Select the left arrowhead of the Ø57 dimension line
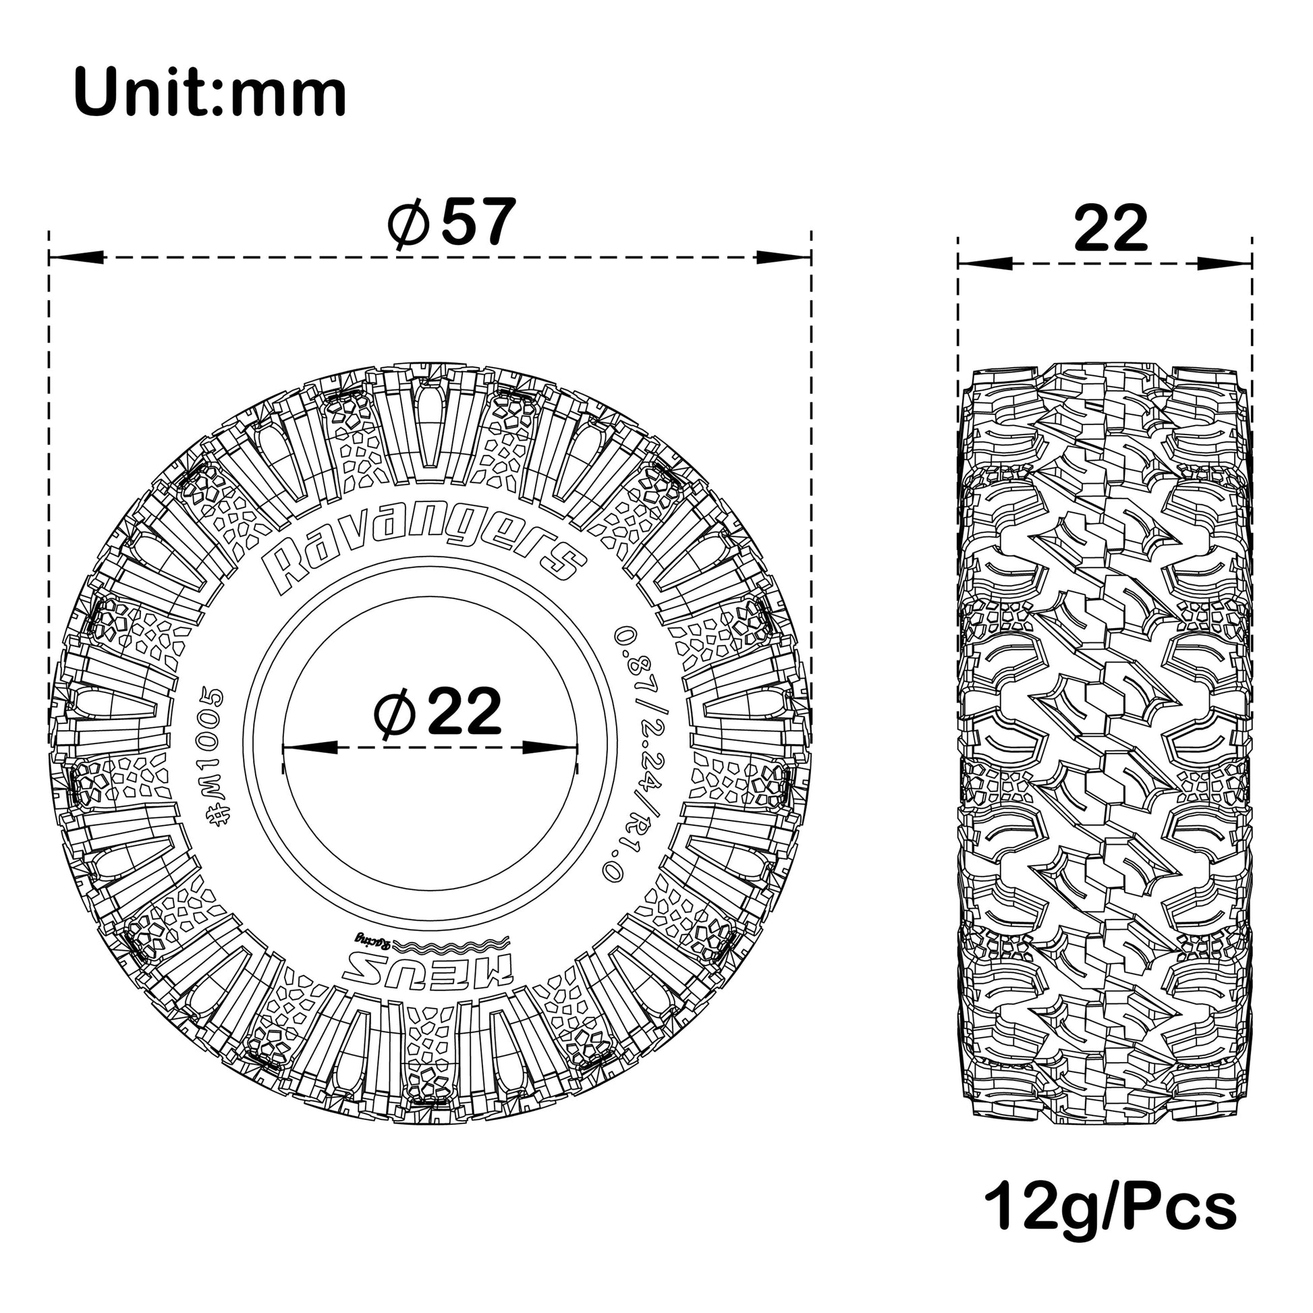[76, 258]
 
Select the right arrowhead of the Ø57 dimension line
[783, 258]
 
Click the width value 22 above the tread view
[1111, 228]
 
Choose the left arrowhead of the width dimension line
[983, 263]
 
